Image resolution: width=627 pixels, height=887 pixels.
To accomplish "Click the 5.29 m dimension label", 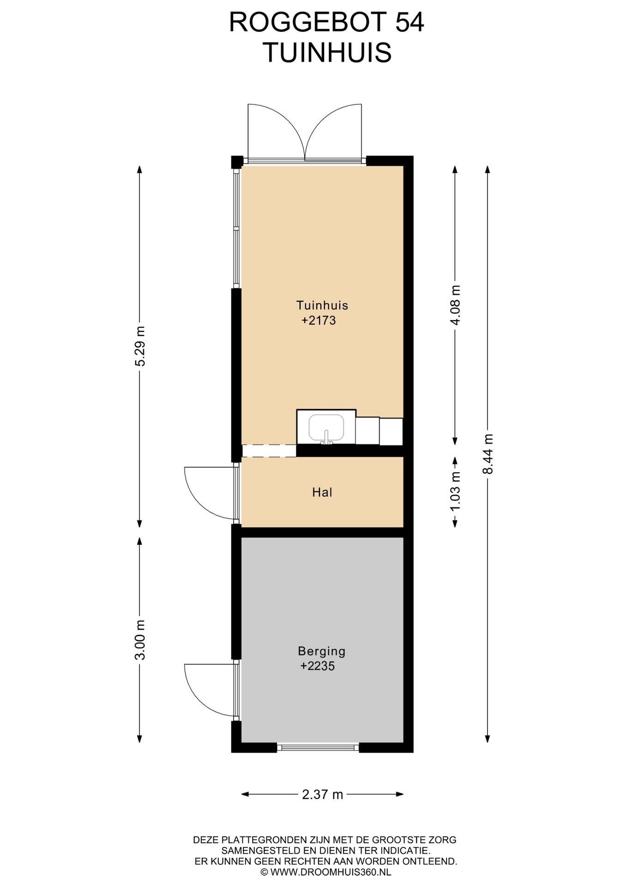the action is coord(140,346).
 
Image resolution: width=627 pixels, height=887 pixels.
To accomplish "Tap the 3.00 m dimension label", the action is coord(140,640).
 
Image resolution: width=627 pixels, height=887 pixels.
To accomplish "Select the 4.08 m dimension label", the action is coord(455,305).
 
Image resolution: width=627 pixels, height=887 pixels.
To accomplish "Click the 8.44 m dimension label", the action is coord(488,454).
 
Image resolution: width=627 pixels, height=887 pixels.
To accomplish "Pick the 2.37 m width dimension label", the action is coord(323,795).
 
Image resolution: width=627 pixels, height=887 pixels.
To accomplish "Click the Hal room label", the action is coord(322,492).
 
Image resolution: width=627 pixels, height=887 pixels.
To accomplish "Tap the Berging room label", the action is coord(322,651).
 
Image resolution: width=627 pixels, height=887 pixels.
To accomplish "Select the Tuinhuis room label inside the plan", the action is coord(322,305).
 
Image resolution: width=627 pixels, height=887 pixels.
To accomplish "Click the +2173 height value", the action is coord(319,320).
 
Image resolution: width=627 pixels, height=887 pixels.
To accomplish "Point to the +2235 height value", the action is coord(318,666).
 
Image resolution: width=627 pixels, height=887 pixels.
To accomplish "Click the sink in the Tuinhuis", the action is coord(326,427).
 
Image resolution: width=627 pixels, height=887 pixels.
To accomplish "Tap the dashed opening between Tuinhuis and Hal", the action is coord(269,451).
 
